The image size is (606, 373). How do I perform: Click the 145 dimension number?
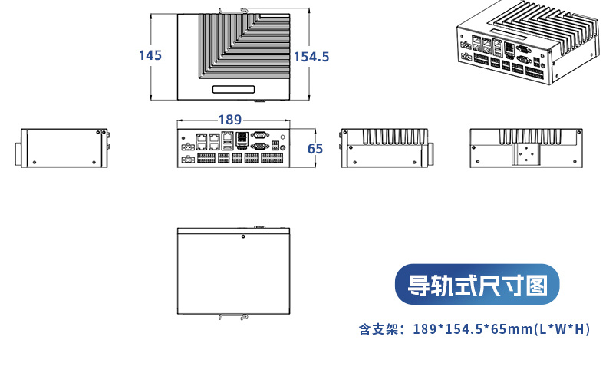[150, 55]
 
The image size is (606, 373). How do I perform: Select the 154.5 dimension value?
[311, 57]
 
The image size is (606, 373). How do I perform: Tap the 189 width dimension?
[230, 120]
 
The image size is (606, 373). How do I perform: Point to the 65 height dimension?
[315, 149]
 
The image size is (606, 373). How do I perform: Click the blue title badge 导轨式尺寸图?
[477, 286]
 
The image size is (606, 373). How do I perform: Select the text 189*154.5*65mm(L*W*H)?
[502, 330]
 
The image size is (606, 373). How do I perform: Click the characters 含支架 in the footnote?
[377, 330]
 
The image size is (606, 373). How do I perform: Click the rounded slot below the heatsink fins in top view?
[233, 90]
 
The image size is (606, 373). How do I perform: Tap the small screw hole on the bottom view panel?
[243, 236]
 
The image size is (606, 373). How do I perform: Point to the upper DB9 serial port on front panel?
[259, 136]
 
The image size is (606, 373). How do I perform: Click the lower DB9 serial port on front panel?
[259, 145]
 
